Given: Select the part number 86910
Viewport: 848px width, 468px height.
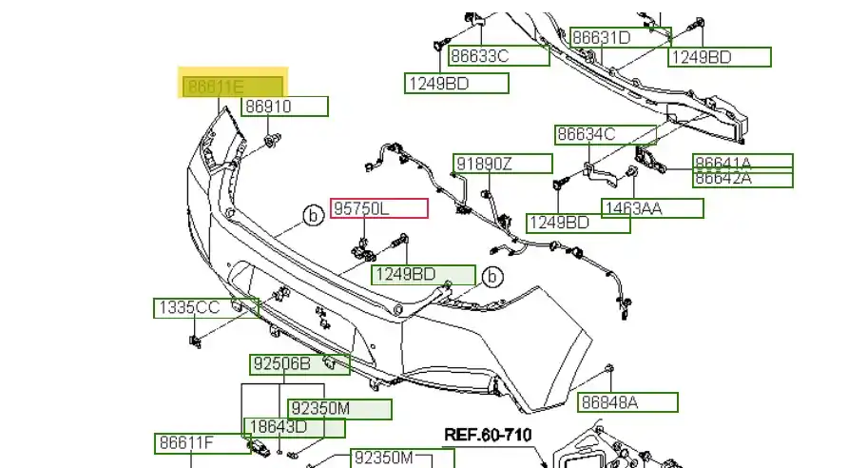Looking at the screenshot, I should (x=284, y=107).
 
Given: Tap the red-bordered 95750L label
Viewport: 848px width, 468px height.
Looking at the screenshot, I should (x=378, y=208).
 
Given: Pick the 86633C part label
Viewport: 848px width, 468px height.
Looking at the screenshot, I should (x=498, y=56).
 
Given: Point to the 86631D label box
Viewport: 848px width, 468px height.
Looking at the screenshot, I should (x=620, y=38).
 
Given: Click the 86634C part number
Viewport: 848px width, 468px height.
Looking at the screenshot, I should (x=605, y=135).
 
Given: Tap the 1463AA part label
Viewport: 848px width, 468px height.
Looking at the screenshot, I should (x=653, y=208).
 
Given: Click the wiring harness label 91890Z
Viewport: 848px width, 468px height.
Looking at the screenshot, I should (x=501, y=164).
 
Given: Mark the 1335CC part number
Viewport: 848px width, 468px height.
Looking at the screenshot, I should (x=205, y=307).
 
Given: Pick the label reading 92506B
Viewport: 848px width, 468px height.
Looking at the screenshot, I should (x=299, y=364).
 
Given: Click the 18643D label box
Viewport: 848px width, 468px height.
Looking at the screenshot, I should (x=293, y=428).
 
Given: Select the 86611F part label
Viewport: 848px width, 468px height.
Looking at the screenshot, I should (x=198, y=443).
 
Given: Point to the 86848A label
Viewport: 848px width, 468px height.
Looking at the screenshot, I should (x=627, y=402).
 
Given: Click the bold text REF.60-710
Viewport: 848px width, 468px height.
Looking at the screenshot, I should (x=488, y=435).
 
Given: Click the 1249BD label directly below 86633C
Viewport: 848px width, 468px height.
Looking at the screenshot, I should (x=456, y=84).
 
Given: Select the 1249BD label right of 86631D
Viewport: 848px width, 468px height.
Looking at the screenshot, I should (x=719, y=57).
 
